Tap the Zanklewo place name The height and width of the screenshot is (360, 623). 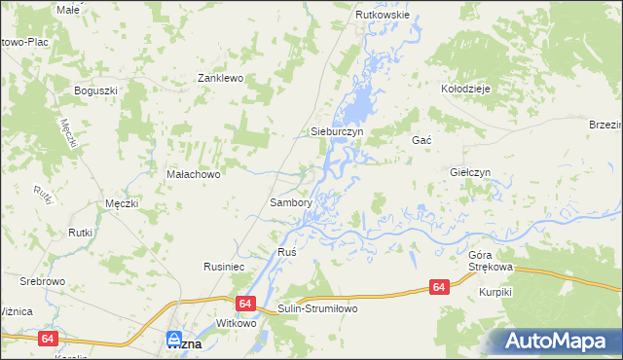(220, 78)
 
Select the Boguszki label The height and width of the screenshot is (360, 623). (96, 90)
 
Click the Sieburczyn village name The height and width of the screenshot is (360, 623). (337, 130)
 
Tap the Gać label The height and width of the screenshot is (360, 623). (421, 140)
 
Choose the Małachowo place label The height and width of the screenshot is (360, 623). (195, 175)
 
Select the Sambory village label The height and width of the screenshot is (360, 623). (290, 203)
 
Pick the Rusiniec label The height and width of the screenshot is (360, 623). (223, 265)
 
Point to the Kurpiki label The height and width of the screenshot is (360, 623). (495, 292)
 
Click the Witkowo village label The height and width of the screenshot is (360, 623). (236, 323)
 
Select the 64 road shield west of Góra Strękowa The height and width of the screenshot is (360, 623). (440, 287)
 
